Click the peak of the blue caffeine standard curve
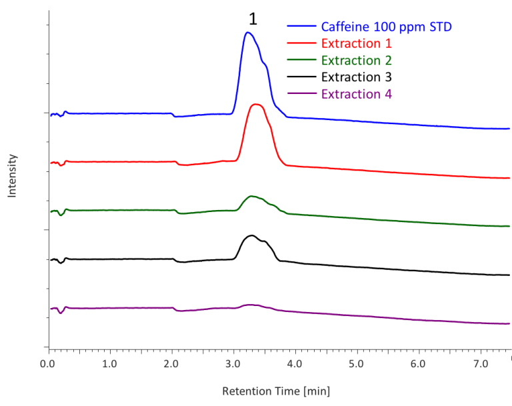[248, 33]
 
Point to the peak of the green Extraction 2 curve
[252, 197]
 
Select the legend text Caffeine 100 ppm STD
[387, 27]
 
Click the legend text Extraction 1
[356, 44]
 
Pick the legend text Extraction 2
[356, 61]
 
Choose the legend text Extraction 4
[356, 94]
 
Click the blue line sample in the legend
[302, 27]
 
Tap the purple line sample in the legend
[302, 94]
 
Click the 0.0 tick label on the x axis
[48, 364]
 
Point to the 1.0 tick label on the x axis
[109, 364]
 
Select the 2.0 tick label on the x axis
[171, 364]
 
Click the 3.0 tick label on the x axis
[233, 364]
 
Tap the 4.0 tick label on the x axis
[295, 364]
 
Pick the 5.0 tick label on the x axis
[356, 364]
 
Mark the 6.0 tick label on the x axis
[418, 364]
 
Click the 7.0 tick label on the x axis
[479, 364]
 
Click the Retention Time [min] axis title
[275, 391]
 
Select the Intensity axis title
[13, 175]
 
